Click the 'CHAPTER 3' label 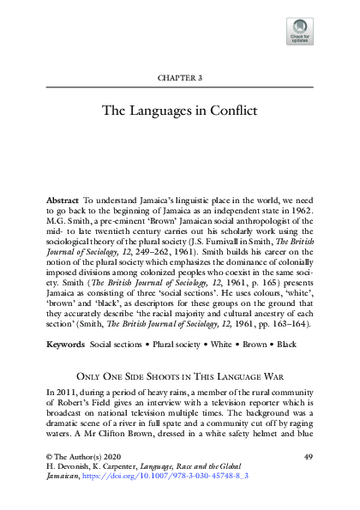pyautogui.click(x=179, y=78)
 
